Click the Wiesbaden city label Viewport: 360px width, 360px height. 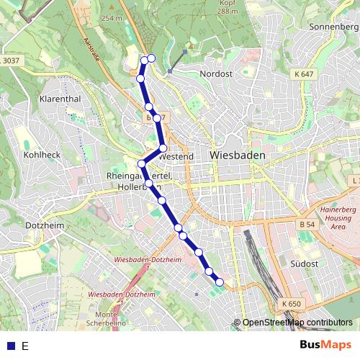click(x=237, y=155)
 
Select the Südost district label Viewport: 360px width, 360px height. click(x=303, y=264)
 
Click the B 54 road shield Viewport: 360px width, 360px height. click(x=306, y=225)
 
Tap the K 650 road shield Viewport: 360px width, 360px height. click(x=292, y=304)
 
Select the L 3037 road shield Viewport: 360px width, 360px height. click(x=10, y=60)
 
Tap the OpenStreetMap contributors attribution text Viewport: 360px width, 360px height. click(x=297, y=323)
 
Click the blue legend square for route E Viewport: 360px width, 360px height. click(x=10, y=346)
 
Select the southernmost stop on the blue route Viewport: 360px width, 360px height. click(x=219, y=282)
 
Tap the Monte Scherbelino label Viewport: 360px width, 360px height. click(x=106, y=320)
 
